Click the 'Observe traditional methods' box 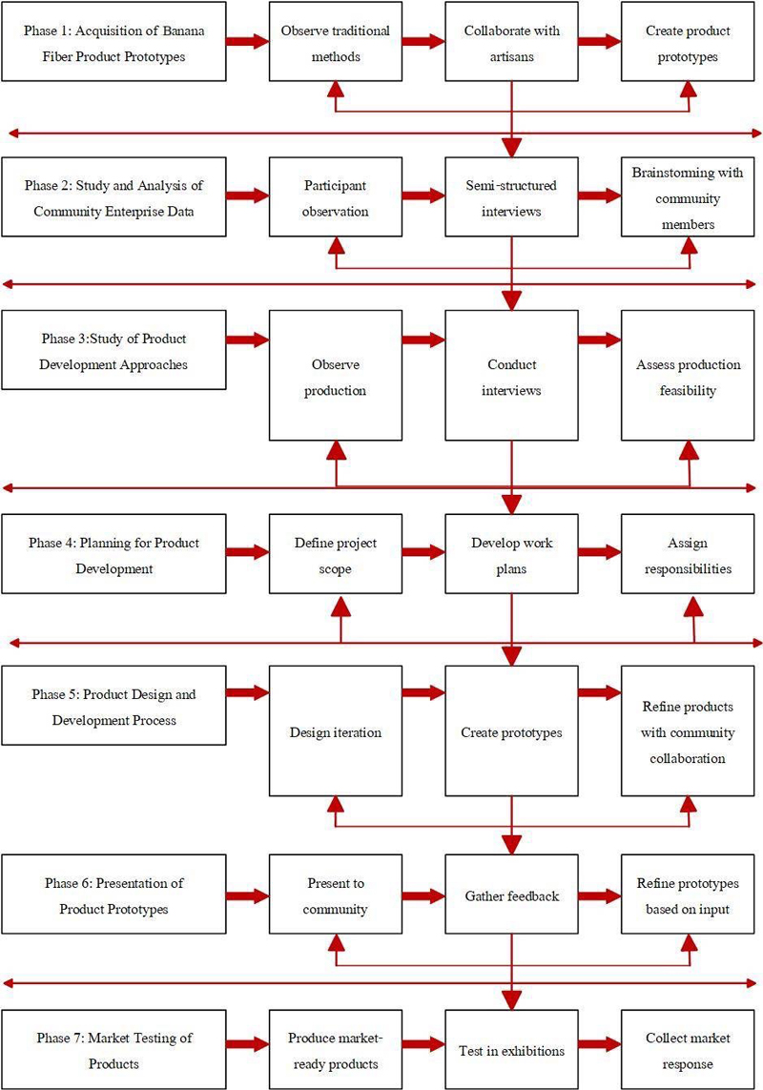point(336,42)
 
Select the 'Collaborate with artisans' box point(511,42)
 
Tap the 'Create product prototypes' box point(688,42)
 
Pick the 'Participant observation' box point(336,196)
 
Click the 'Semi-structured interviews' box point(511,196)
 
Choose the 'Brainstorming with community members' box point(688,196)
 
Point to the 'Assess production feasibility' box point(688,376)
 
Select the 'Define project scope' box point(336,554)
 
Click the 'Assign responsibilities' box point(688,554)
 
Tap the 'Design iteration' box point(336,731)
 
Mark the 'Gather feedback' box point(511,895)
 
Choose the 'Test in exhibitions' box point(511,1050)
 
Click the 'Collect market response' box point(688,1050)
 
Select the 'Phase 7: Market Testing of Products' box point(114,1050)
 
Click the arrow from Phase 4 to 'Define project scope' point(248,553)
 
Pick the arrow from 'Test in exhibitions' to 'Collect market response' point(600,1043)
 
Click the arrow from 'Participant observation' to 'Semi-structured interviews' point(423,195)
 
